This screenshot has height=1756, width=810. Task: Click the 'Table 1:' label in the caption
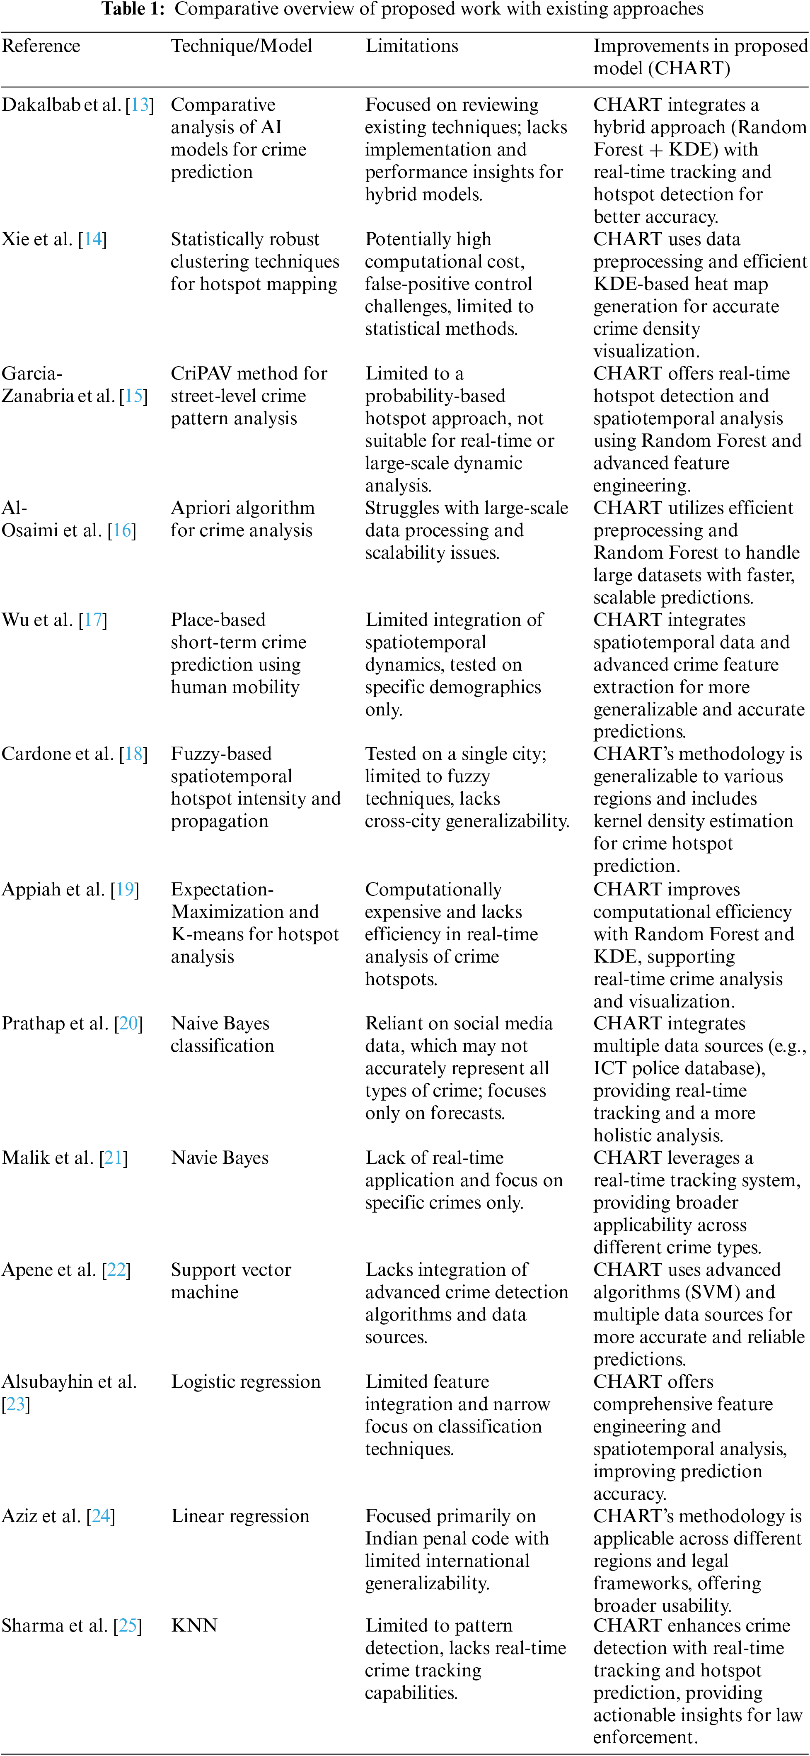[133, 9]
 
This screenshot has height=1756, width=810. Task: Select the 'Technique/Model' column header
[241, 46]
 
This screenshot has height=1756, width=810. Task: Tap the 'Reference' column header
[41, 46]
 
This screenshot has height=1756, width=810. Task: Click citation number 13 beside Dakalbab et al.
[140, 105]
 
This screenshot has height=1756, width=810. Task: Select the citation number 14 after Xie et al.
[93, 239]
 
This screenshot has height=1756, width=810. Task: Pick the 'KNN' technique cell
[194, 1626]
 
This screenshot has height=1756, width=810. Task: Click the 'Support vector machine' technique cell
[230, 1280]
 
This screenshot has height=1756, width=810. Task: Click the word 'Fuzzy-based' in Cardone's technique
[221, 754]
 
